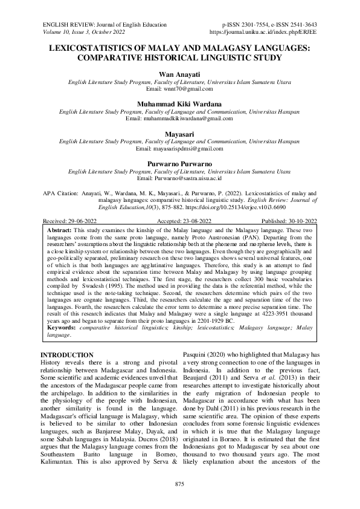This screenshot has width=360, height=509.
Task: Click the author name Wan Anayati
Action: tap(180, 73)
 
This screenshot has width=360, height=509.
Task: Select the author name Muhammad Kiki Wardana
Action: tap(180, 103)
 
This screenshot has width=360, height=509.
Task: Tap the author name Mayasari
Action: tap(180, 134)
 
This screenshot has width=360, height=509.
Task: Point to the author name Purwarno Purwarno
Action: tap(180, 164)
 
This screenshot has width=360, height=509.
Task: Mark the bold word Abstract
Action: tap(59, 231)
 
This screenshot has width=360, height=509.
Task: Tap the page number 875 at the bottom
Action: tap(179, 485)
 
